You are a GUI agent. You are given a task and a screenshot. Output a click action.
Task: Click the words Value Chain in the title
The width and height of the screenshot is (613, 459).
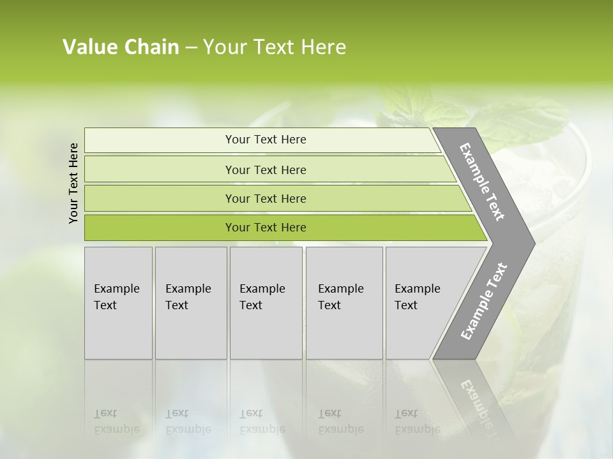pyautogui.click(x=121, y=47)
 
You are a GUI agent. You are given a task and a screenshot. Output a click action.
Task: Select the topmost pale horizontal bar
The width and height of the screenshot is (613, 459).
pyautogui.click(x=160, y=140)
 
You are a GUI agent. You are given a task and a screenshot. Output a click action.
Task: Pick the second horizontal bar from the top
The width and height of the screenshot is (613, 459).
pyautogui.click(x=160, y=170)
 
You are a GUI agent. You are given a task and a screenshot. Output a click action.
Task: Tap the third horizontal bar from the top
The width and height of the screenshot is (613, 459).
pyautogui.click(x=160, y=198)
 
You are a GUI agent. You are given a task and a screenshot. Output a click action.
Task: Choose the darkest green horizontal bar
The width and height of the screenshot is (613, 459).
pyautogui.click(x=160, y=228)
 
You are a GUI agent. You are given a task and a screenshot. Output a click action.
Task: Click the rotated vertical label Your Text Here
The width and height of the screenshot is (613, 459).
pyautogui.click(x=73, y=183)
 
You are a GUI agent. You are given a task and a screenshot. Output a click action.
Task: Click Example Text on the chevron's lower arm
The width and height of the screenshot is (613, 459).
pyautogui.click(x=483, y=302)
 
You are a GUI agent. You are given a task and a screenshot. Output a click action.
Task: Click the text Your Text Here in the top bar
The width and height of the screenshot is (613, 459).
pyautogui.click(x=266, y=140)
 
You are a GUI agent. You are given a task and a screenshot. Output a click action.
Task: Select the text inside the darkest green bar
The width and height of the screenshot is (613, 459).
pyautogui.click(x=266, y=228)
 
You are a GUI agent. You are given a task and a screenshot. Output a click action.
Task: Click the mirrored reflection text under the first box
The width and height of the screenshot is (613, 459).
pyautogui.click(x=117, y=421)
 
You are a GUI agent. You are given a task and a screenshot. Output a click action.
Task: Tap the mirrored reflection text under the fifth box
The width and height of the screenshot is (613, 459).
pyautogui.click(x=418, y=421)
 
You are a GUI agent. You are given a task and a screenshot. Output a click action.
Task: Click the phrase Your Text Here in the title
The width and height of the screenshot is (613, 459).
pyautogui.click(x=275, y=47)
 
